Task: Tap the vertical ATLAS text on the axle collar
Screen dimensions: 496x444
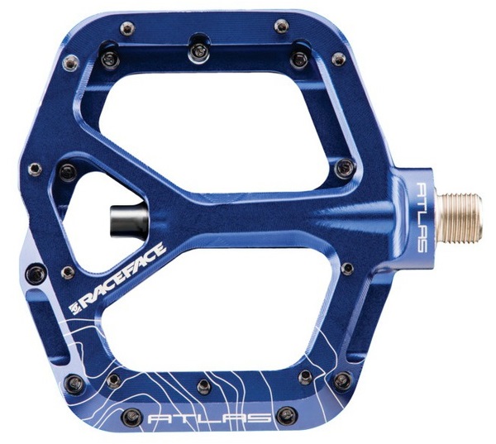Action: (421, 217)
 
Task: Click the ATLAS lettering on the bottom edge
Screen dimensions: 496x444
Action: (209, 419)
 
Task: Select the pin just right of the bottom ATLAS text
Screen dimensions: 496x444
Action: (286, 414)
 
